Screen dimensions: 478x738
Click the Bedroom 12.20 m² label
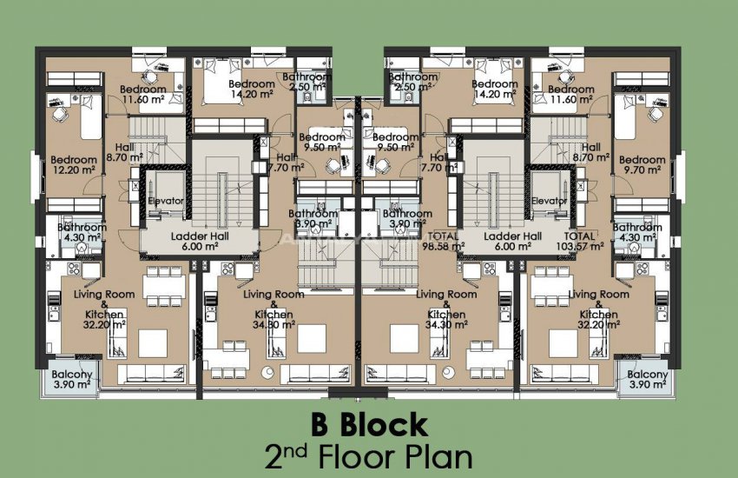pyautogui.click(x=74, y=165)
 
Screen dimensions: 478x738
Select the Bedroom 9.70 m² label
pyautogui.click(x=642, y=165)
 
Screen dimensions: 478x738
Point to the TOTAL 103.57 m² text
pyautogui.click(x=579, y=242)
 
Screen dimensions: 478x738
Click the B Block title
pyautogui.click(x=369, y=425)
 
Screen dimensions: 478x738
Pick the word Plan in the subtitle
pyautogui.click(x=439, y=456)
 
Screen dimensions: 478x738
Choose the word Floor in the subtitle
pyautogui.click(x=358, y=456)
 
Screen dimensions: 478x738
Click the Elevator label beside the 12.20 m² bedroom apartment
pyautogui.click(x=165, y=201)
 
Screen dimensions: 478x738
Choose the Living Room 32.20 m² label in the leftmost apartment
pyautogui.click(x=98, y=309)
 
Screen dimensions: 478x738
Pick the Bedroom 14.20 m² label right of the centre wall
pyautogui.click(x=495, y=90)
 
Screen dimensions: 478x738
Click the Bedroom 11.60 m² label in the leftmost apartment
pyautogui.click(x=143, y=95)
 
